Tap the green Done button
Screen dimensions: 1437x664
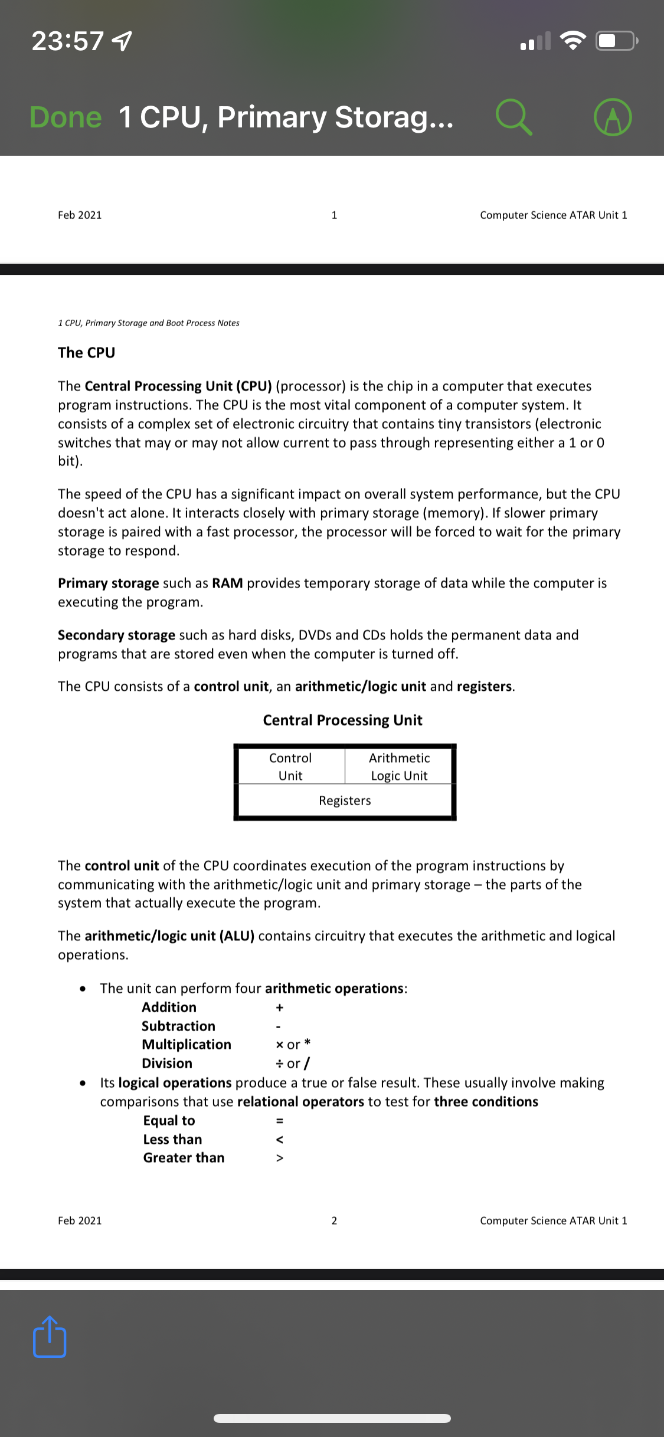pyautogui.click(x=66, y=117)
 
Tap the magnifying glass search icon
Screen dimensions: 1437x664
pyautogui.click(x=513, y=117)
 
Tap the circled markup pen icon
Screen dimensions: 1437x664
pyautogui.click(x=613, y=117)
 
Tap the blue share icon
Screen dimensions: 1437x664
pyautogui.click(x=50, y=1337)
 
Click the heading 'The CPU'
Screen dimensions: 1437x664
pyautogui.click(x=86, y=353)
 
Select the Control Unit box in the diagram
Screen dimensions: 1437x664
pyautogui.click(x=290, y=766)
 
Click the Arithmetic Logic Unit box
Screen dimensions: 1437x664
pyautogui.click(x=399, y=766)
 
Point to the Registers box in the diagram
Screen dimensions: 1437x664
pyautogui.click(x=345, y=800)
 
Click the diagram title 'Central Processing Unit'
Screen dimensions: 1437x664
pyautogui.click(x=342, y=720)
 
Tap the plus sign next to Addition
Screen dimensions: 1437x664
pyautogui.click(x=280, y=1008)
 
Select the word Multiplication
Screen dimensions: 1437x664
pyautogui.click(x=187, y=1044)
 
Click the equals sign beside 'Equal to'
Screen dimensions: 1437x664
pyautogui.click(x=280, y=1121)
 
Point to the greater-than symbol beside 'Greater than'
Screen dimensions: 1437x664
pyautogui.click(x=280, y=1158)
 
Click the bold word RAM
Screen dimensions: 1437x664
pyautogui.click(x=227, y=583)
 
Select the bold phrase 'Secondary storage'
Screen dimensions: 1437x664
pyautogui.click(x=116, y=635)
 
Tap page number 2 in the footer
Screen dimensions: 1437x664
pyautogui.click(x=334, y=1221)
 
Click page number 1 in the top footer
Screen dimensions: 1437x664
pyautogui.click(x=334, y=215)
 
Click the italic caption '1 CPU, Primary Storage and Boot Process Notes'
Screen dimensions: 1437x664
pyautogui.click(x=149, y=323)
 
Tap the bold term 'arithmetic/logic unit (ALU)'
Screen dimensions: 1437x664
pyautogui.click(x=169, y=936)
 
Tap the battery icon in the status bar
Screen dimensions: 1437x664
pyautogui.click(x=616, y=41)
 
